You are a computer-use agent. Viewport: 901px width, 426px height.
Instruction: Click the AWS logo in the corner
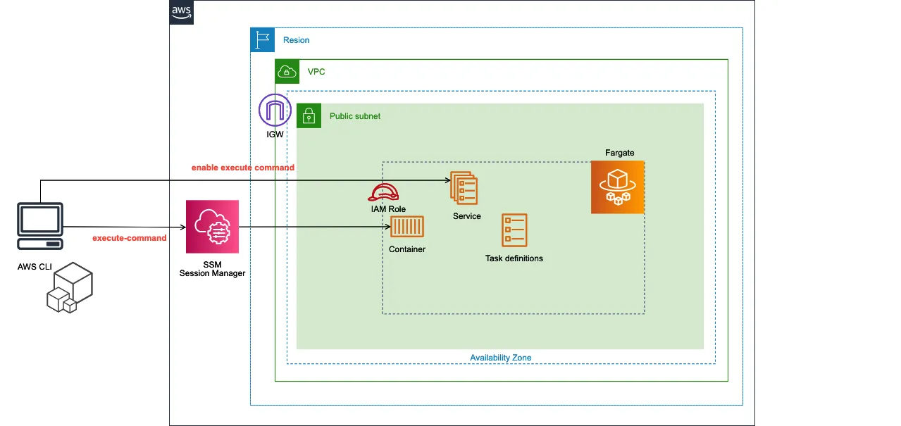182,13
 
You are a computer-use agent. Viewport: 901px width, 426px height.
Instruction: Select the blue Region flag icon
262,40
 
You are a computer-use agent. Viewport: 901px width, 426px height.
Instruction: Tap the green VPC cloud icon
287,72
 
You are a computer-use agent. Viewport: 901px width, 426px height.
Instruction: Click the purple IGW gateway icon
275,110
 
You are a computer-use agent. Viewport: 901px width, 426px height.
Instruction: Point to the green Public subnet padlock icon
309,115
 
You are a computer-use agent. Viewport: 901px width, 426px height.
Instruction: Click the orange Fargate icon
617,187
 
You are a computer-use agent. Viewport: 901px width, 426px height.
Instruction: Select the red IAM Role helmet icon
383,192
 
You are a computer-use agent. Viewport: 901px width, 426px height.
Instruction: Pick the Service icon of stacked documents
464,188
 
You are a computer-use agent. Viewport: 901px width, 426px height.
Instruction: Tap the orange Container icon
407,227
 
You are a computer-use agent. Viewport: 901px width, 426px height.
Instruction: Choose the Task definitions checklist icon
514,230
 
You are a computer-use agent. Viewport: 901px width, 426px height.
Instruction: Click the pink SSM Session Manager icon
212,227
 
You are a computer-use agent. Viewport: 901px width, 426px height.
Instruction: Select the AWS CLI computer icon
40,226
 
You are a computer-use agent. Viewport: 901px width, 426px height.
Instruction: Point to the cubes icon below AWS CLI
70,287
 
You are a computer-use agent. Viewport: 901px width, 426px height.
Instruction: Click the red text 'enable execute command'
243,168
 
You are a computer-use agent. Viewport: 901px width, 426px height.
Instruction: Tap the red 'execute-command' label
130,238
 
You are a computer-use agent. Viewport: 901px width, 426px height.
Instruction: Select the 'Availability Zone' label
501,358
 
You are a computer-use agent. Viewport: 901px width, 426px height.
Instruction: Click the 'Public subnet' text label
355,116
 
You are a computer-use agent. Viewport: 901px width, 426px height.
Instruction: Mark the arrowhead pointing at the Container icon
388,227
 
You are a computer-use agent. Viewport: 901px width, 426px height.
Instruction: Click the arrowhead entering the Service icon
448,180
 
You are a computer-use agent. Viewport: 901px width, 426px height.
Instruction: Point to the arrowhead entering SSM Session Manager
183,227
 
